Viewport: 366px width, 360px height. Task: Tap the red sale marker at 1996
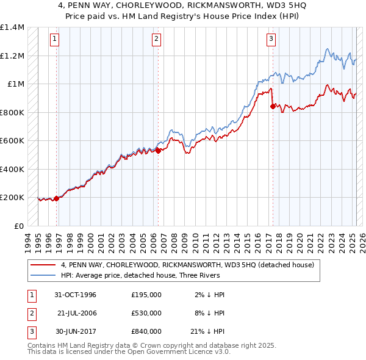[57, 198]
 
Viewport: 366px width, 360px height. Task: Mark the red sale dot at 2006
[158, 150]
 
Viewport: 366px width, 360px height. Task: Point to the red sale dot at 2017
[272, 106]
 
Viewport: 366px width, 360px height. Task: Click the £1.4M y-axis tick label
[12, 27]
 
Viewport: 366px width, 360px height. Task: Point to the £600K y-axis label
[12, 141]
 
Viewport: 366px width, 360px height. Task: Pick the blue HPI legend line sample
[45, 275]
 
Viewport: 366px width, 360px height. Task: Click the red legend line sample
[45, 265]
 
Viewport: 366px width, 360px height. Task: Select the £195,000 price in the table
[146, 295]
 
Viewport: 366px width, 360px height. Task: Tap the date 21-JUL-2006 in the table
[77, 313]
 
